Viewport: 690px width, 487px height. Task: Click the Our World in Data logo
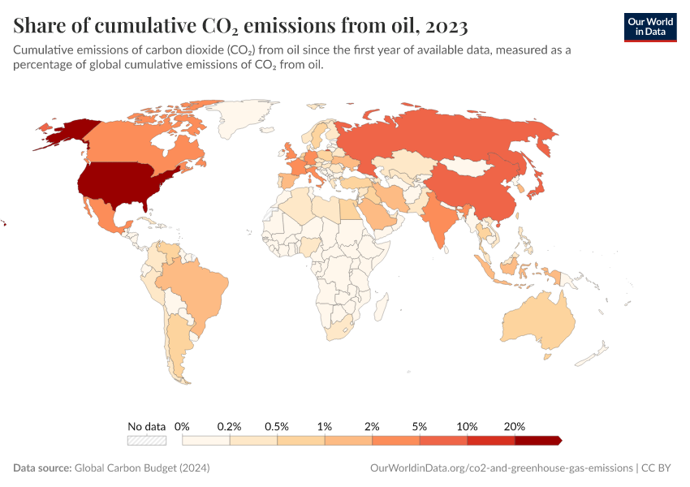[x=650, y=27]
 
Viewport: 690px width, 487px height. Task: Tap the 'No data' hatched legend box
[x=147, y=441]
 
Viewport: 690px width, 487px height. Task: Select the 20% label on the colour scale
[x=515, y=426]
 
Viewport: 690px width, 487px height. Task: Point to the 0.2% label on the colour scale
[x=230, y=426]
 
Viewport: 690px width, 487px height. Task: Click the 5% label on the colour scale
[x=420, y=426]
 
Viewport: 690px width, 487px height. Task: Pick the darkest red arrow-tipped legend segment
[x=537, y=441]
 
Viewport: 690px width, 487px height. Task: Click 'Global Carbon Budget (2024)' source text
[x=142, y=468]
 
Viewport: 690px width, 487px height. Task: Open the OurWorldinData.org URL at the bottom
[x=500, y=468]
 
